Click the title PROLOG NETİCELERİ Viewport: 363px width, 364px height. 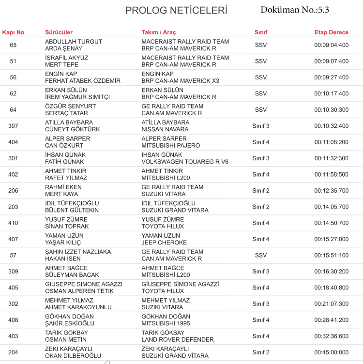tap(176, 11)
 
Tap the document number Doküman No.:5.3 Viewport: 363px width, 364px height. tap(294, 10)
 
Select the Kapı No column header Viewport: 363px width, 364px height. tap(14, 32)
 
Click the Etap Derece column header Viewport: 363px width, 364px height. tap(331, 32)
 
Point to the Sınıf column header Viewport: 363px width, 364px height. tap(261, 32)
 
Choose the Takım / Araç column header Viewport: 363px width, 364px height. tap(159, 32)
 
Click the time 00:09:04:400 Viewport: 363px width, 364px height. tap(331, 45)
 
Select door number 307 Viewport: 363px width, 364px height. tap(14, 126)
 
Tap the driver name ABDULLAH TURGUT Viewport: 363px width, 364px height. tap(74, 42)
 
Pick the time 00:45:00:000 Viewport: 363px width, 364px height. tap(331, 352)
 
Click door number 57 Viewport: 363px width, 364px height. tap(14, 255)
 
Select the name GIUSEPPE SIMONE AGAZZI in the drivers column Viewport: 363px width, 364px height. tap(84, 284)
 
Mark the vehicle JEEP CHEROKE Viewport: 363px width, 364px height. tap(164, 243)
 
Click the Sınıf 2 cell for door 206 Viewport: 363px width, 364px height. tap(261, 191)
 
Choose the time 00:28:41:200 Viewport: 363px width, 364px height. tap(331, 320)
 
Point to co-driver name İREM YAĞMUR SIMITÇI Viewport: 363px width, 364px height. tap(77, 97)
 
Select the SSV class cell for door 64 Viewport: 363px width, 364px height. tap(261, 110)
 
